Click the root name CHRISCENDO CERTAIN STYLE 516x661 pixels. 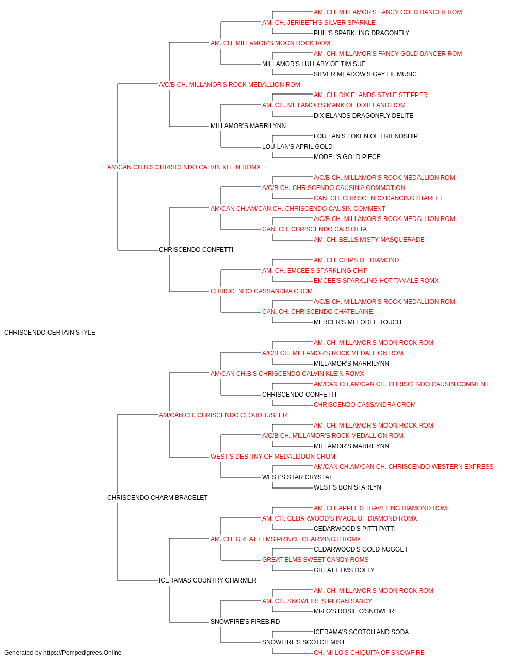(50, 333)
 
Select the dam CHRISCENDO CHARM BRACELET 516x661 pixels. (157, 498)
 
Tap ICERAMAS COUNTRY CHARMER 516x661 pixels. (207, 580)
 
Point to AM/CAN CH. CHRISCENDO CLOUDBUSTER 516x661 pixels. (223, 415)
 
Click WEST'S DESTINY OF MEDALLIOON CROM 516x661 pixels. (272, 457)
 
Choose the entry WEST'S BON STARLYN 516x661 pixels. (347, 487)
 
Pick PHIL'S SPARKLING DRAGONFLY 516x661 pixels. (361, 33)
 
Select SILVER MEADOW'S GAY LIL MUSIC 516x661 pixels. (365, 74)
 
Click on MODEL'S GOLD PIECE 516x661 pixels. (347, 157)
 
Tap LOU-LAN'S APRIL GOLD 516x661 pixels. (297, 147)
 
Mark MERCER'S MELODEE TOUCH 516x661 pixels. (358, 322)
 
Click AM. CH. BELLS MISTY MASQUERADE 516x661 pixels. (369, 240)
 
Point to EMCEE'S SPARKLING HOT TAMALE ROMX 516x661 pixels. (376, 281)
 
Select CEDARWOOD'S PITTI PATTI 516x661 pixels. (354, 529)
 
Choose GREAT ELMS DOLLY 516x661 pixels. (344, 570)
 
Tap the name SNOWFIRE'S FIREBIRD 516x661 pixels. (245, 622)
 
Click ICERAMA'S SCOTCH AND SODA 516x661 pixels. (361, 632)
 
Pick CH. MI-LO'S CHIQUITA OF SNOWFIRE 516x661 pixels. (369, 653)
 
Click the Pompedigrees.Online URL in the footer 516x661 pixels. (82, 653)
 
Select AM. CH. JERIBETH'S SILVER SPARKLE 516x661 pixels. (319, 23)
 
